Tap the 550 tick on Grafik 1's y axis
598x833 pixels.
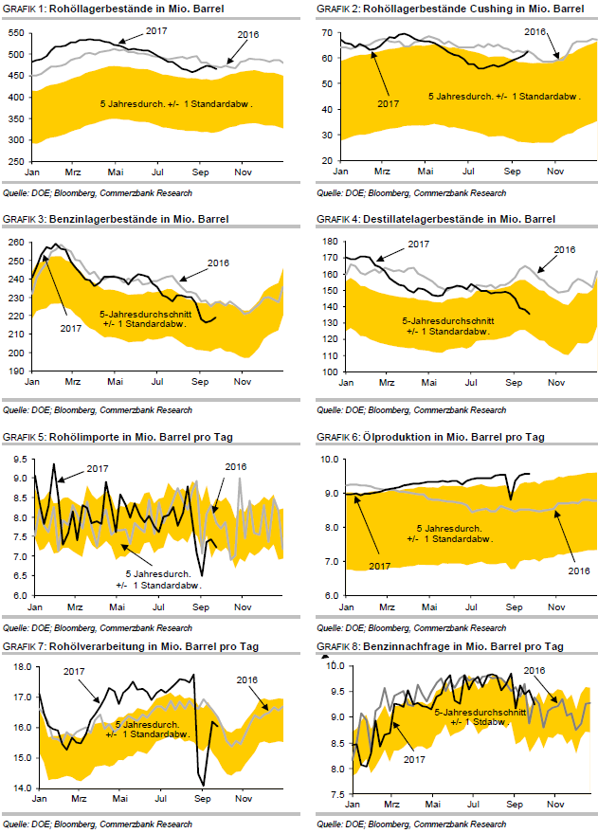(17, 32)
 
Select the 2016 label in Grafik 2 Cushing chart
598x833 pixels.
(536, 31)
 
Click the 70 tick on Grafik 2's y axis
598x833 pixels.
(329, 32)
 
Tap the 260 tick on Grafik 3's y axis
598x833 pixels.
(17, 243)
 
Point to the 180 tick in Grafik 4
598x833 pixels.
(327, 243)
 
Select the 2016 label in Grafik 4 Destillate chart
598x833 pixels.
(565, 249)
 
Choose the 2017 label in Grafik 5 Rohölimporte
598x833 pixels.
(98, 468)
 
